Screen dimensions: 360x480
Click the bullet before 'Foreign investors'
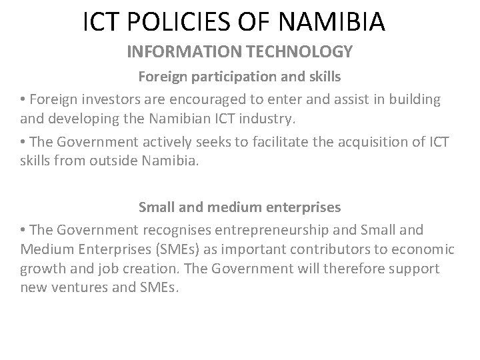(x=23, y=100)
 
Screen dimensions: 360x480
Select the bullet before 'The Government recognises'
(x=23, y=231)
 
